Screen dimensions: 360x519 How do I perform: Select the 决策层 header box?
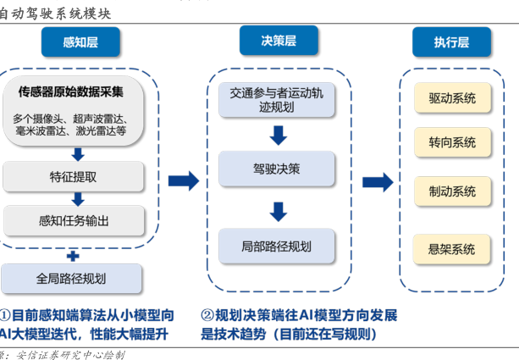click(x=279, y=41)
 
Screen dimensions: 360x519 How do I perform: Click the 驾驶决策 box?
click(x=276, y=169)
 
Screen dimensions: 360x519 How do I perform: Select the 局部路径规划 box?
click(x=276, y=246)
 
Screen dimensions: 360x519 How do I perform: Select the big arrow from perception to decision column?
click(x=183, y=180)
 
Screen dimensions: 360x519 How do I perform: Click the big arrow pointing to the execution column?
click(x=377, y=181)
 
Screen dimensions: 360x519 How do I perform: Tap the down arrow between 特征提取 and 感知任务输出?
click(x=78, y=200)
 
